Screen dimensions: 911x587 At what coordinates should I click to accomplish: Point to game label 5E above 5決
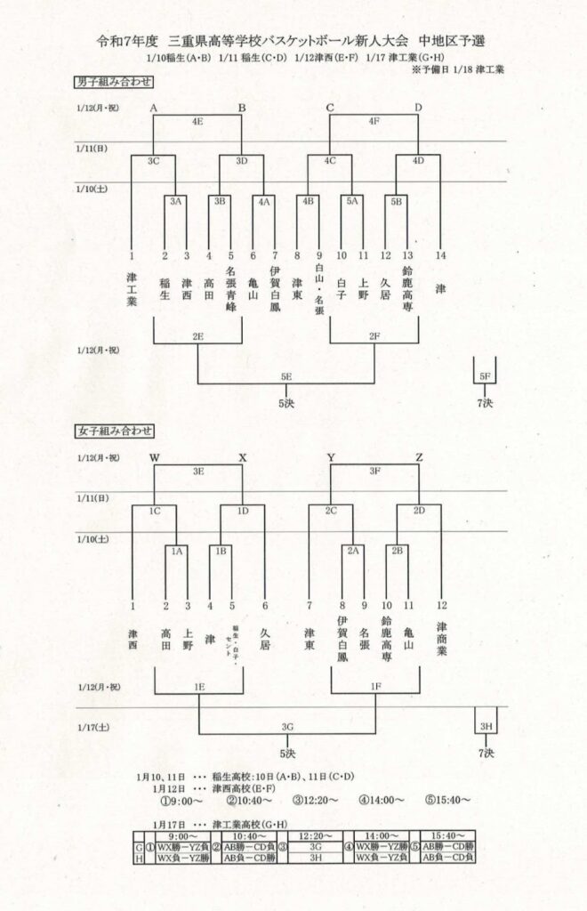(285, 376)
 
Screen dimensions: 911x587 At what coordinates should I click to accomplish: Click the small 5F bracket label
(485, 376)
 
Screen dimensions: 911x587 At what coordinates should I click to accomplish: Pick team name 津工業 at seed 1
(132, 289)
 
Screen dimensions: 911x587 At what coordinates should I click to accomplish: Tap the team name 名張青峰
(230, 287)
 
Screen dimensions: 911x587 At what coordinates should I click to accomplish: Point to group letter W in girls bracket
(155, 458)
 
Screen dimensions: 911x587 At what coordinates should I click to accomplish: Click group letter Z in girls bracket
(419, 458)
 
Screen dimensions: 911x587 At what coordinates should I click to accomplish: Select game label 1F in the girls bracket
(374, 688)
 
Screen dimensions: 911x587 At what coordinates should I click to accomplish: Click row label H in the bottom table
(139, 859)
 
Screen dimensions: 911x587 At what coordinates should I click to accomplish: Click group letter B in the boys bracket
(241, 109)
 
